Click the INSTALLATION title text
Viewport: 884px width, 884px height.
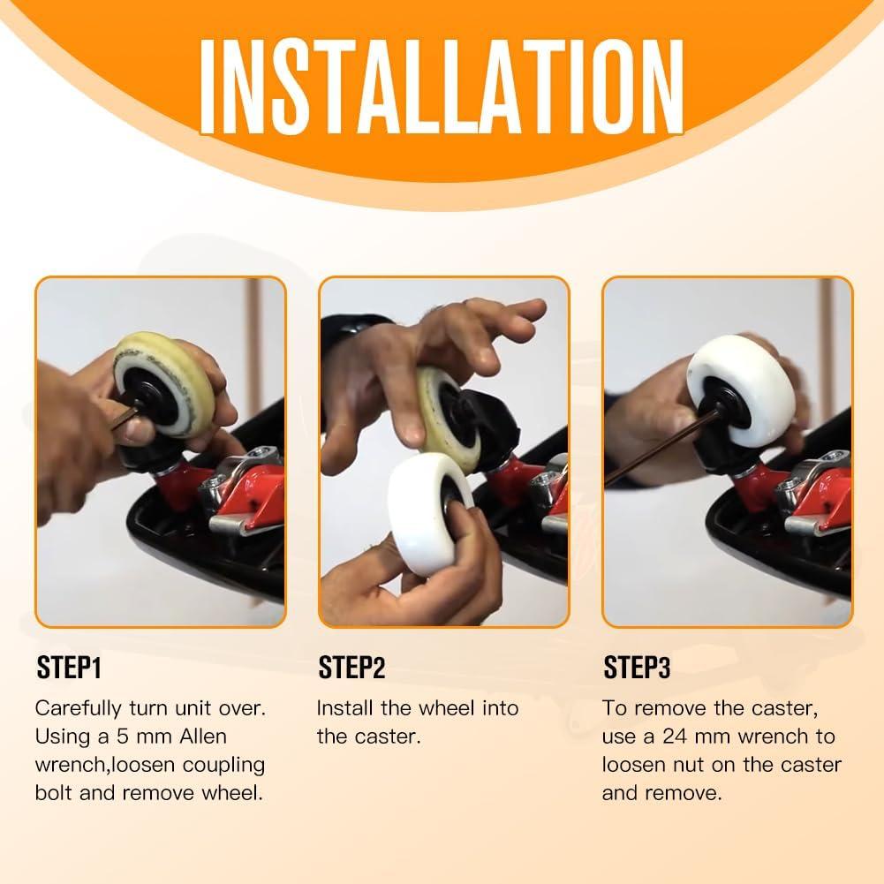[x=442, y=87]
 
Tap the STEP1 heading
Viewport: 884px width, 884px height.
[x=69, y=668]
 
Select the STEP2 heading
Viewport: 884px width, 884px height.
[x=351, y=668]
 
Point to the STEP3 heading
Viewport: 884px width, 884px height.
[x=637, y=668]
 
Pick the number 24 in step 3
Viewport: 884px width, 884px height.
[x=675, y=737]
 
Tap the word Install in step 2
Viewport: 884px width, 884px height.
[x=344, y=708]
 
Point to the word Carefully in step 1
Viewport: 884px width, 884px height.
[x=78, y=709]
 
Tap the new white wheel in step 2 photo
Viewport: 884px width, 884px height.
[x=429, y=512]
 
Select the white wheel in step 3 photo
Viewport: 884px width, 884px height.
[x=742, y=389]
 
